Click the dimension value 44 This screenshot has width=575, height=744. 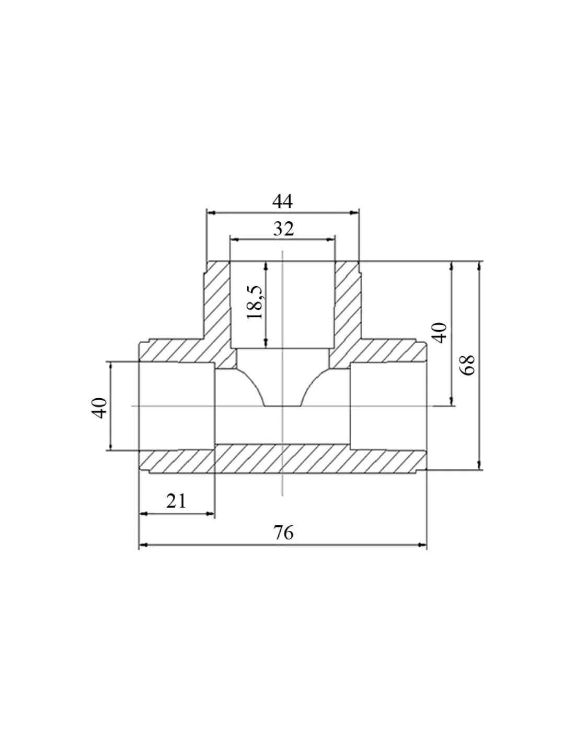point(283,201)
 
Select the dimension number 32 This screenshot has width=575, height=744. point(283,229)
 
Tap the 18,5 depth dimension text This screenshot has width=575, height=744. point(255,302)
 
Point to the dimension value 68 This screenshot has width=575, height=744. point(467,365)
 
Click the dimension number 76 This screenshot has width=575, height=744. point(283,533)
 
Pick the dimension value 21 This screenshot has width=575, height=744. point(176,501)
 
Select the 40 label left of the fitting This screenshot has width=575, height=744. point(99,408)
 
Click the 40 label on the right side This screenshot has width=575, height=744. point(439,332)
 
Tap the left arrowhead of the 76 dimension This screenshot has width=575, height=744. point(144,545)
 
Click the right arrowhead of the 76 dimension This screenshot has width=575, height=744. point(422,545)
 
